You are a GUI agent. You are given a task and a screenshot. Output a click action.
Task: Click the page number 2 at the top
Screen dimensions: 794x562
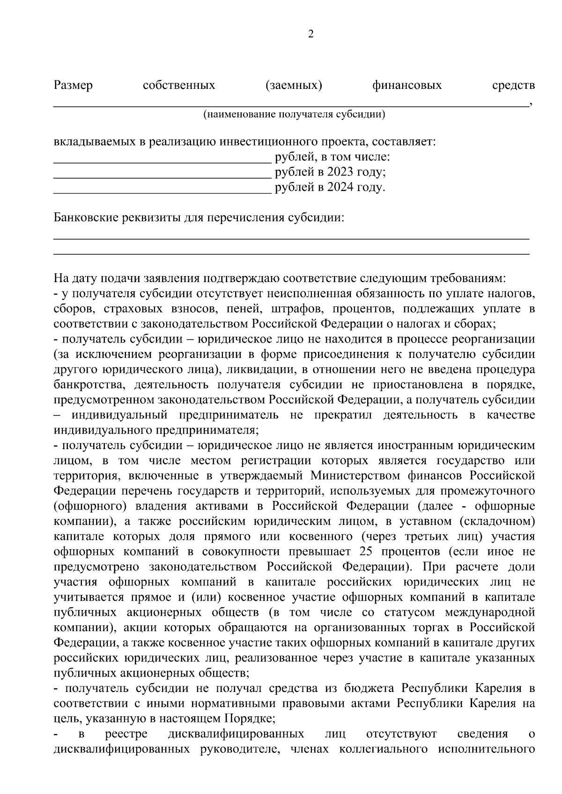tap(311, 34)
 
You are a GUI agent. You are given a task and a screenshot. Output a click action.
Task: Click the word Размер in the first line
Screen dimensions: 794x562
tap(73, 85)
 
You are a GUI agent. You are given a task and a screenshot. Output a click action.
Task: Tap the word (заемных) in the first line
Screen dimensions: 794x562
tap(294, 85)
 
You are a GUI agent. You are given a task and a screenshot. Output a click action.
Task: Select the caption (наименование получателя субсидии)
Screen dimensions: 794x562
tap(294, 115)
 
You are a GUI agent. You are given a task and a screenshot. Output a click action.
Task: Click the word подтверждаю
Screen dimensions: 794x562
tap(241, 279)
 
